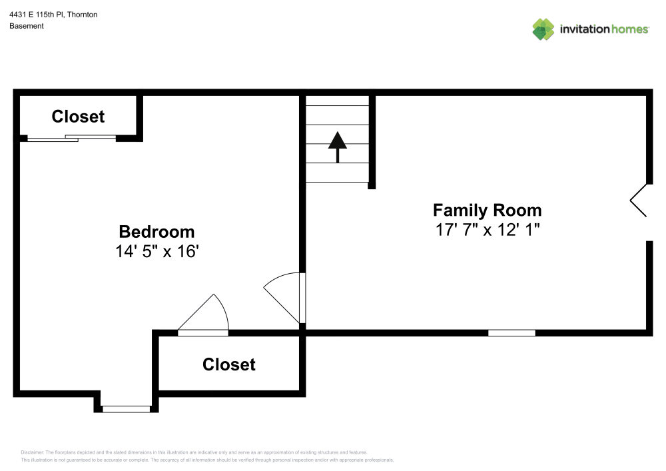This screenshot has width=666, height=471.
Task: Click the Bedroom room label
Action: click(157, 232)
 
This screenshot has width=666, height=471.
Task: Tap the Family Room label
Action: click(487, 211)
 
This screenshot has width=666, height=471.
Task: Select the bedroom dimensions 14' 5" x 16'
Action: click(157, 252)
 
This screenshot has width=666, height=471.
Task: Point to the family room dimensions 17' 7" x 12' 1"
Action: click(487, 231)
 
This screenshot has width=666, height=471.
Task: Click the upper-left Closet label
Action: click(78, 117)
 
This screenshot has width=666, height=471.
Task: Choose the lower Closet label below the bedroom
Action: click(228, 364)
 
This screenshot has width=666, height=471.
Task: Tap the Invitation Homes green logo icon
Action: click(543, 29)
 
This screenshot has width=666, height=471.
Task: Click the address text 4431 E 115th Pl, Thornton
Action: click(53, 14)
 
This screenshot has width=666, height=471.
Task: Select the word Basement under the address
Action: click(27, 26)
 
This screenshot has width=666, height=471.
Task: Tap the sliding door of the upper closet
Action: click(72, 138)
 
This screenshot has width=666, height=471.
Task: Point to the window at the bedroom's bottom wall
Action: click(126, 408)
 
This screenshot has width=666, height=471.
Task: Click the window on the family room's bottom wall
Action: click(511, 332)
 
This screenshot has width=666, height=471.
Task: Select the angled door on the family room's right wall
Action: click(639, 200)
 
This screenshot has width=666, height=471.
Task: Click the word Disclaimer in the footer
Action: click(33, 452)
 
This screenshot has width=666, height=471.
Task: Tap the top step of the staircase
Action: click(337, 101)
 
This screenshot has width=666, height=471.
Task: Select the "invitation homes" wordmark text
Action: click(604, 29)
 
